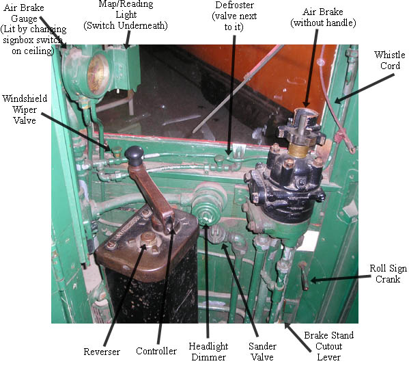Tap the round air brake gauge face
point(98,75)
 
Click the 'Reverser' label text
point(102,352)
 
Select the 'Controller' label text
point(156,351)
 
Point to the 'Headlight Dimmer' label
point(208,352)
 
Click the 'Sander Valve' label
point(262,352)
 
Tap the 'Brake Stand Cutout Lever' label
point(328,346)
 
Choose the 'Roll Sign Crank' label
point(388,274)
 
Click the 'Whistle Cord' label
point(390,60)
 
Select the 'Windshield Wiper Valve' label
point(25,109)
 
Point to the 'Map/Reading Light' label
point(126,14)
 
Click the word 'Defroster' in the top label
point(234,5)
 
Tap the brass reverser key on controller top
point(148,239)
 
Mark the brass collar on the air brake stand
point(298,150)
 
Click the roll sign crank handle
point(304,276)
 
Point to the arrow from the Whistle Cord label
point(365,88)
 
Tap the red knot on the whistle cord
point(340,136)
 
